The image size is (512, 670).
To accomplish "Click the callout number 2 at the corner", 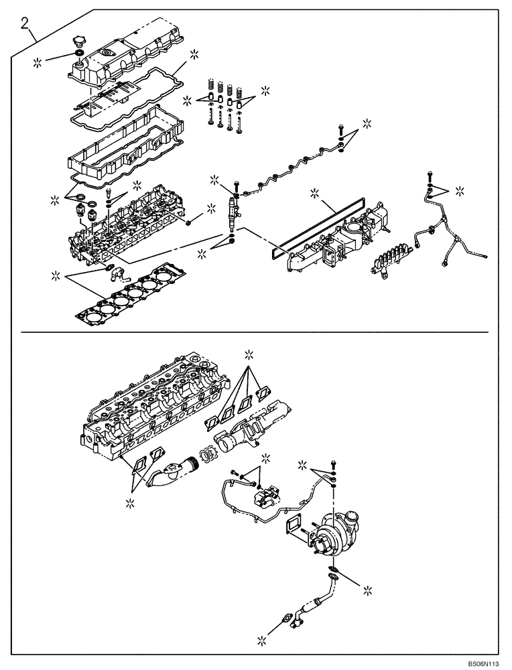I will pos(25,25).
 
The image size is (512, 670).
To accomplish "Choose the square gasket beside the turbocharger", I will pos(296,526).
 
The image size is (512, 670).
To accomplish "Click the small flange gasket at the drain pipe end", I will pos(287,620).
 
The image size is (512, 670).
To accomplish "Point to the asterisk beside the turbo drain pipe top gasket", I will pos(368,590).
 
